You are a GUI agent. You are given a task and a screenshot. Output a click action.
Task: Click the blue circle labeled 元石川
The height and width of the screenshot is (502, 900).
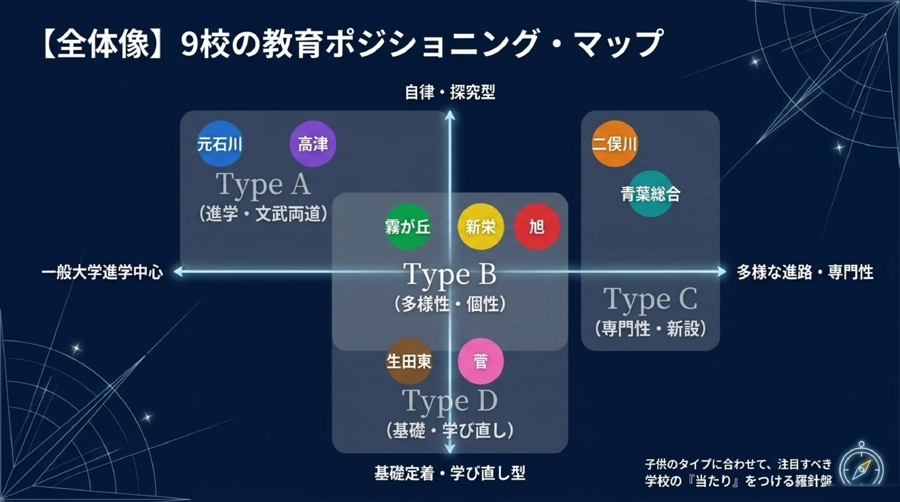(220, 144)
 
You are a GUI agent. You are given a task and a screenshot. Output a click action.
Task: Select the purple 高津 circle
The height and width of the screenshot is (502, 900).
(313, 144)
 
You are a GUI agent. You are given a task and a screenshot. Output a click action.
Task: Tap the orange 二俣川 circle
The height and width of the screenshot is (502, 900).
(615, 144)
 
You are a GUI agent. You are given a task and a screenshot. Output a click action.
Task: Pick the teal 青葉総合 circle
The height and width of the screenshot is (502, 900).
(650, 194)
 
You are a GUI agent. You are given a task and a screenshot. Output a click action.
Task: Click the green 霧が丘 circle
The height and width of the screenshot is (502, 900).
(408, 227)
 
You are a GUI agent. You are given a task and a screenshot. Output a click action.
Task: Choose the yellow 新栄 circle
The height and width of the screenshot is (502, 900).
(481, 227)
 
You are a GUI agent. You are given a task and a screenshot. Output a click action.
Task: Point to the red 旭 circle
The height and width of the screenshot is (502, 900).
(537, 227)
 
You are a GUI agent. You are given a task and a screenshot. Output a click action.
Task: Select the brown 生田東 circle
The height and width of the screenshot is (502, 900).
(409, 361)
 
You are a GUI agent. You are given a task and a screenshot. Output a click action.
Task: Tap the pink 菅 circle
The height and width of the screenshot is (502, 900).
(481, 361)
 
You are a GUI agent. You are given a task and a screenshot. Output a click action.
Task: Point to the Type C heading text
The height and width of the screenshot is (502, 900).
(650, 299)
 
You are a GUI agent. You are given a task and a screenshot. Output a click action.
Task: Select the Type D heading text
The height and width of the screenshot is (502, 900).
(450, 401)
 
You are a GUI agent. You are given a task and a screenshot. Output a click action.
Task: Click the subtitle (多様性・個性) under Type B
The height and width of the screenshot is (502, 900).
(450, 304)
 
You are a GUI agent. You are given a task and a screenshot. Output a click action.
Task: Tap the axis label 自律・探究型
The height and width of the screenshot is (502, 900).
(450, 92)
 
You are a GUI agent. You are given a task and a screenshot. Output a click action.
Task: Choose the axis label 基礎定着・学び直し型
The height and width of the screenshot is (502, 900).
(450, 473)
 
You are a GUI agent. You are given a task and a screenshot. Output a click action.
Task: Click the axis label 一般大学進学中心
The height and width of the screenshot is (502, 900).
(102, 272)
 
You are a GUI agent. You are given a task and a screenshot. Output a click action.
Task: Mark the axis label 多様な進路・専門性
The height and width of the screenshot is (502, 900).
(805, 272)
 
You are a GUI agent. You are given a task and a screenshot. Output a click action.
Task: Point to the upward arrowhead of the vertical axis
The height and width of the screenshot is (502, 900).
(450, 115)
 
